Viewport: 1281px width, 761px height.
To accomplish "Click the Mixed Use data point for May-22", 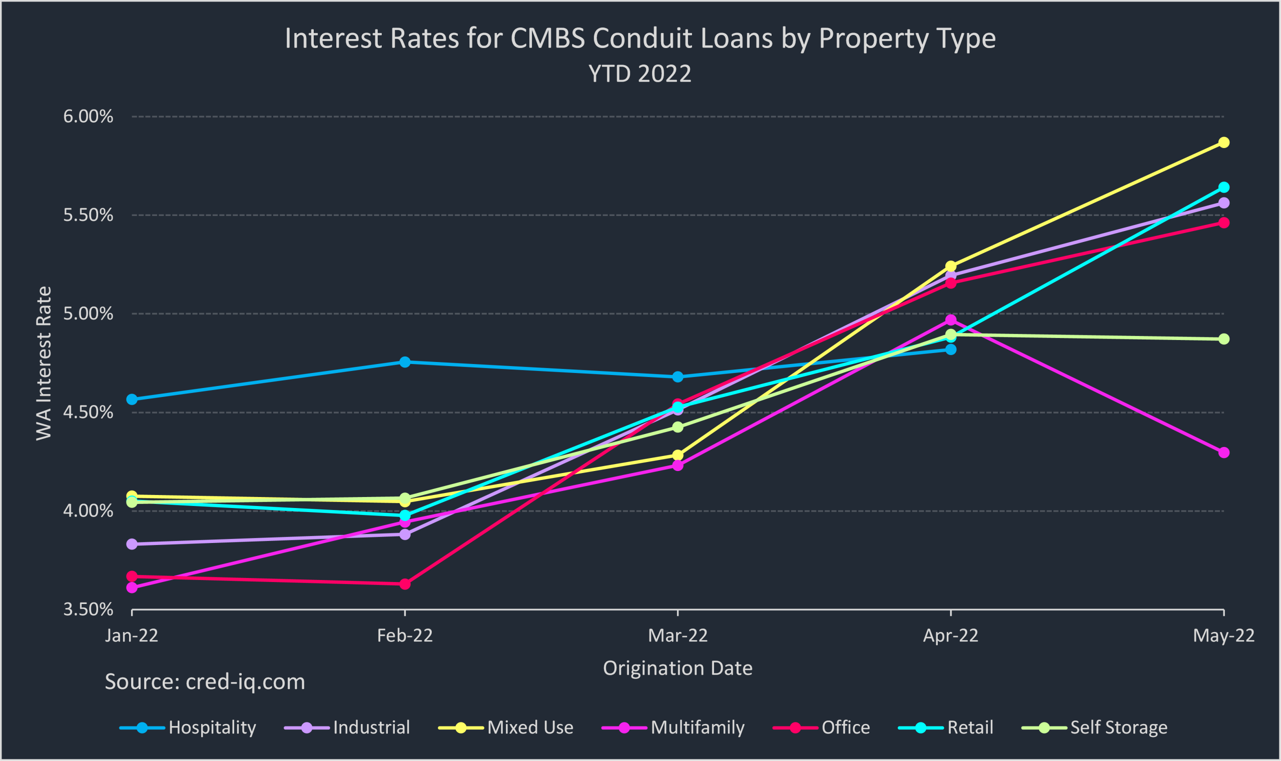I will tap(1223, 142).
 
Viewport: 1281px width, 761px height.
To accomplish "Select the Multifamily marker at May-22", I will tap(1223, 452).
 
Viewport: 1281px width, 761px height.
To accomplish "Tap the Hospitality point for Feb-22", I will tap(405, 362).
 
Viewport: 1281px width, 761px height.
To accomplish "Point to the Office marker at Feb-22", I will tap(405, 584).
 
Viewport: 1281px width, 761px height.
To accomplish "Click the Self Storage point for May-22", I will tap(1223, 339).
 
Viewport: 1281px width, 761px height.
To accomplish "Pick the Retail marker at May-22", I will tap(1223, 187).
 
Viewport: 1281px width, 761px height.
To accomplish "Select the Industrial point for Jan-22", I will tap(132, 544).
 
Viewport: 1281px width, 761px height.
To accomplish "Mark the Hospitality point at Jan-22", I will tap(132, 399).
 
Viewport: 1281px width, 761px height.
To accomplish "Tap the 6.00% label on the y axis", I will tap(88, 116).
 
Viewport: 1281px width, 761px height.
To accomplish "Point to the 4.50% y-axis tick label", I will tap(88, 412).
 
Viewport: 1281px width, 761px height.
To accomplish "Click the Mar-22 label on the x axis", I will tap(678, 636).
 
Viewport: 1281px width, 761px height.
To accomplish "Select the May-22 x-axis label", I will tap(1223, 636).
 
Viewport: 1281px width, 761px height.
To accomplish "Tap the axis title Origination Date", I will tap(678, 668).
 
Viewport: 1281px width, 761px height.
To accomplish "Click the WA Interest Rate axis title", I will tap(44, 363).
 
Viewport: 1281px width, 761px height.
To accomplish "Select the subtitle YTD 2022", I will tap(640, 74).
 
